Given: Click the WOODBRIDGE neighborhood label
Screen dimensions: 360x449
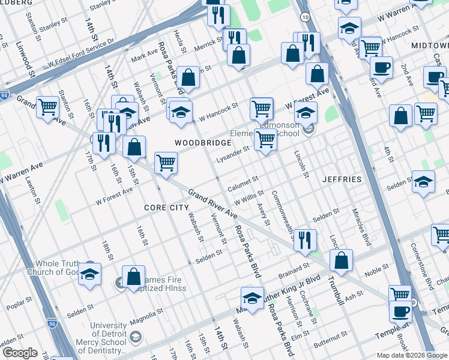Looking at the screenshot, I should coord(203,143).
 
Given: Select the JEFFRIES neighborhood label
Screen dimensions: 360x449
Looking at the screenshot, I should coord(342,179).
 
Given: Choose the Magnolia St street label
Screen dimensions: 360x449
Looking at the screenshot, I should coord(148,317).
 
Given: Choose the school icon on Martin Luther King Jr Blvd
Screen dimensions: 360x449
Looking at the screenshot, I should coord(253,298).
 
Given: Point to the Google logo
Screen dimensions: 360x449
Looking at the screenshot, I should coord(20,353).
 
